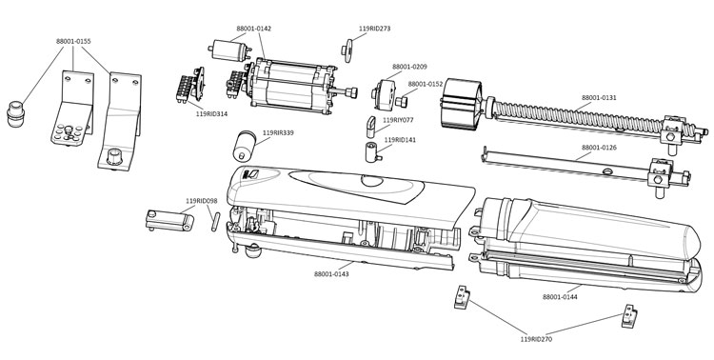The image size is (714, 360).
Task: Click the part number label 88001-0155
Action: click(x=73, y=41)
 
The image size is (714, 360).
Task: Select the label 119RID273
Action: click(x=374, y=29)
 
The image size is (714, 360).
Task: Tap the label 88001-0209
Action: click(x=409, y=67)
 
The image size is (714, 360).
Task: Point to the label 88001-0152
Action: click(x=426, y=85)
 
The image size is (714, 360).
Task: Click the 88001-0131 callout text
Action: click(x=599, y=97)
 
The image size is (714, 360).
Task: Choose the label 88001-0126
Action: click(x=599, y=148)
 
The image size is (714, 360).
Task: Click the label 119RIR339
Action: click(x=278, y=132)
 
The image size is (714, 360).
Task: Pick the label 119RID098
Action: click(x=201, y=201)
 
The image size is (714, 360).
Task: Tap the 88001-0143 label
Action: click(x=331, y=274)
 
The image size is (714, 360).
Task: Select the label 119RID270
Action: click(x=536, y=339)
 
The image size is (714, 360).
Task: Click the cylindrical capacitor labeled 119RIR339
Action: click(x=245, y=146)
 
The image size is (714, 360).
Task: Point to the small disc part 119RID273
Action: click(x=347, y=50)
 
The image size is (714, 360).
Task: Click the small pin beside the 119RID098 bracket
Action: click(x=215, y=222)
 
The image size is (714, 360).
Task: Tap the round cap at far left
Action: click(x=15, y=114)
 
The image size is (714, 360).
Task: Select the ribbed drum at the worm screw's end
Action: click(x=462, y=105)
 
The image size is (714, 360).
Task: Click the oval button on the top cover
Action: click(x=372, y=180)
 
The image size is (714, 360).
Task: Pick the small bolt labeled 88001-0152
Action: click(x=400, y=101)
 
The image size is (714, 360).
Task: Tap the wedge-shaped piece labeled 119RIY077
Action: click(x=371, y=127)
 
